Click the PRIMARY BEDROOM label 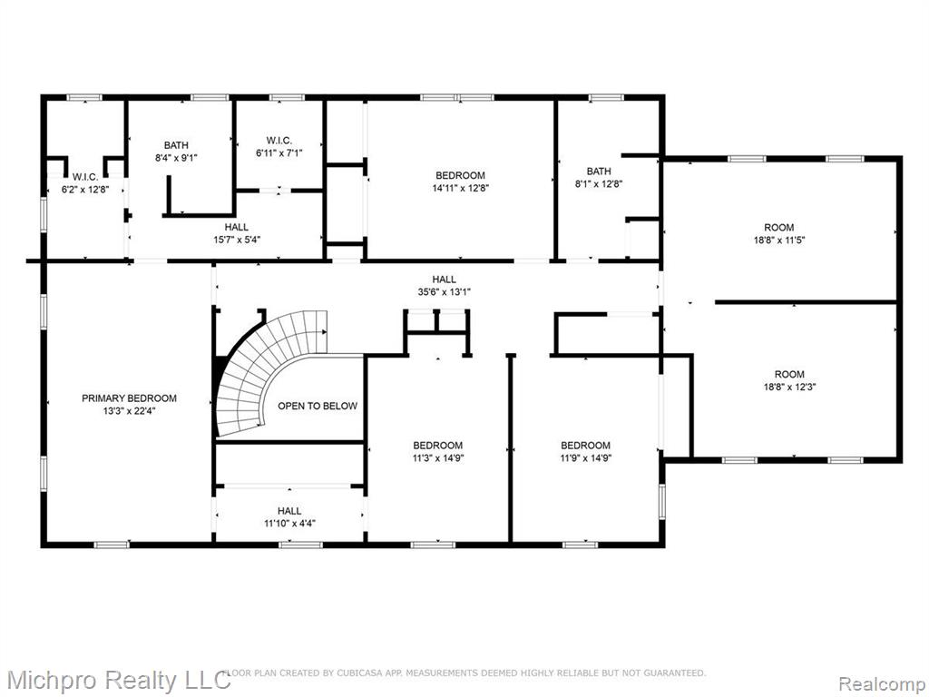tap(129, 398)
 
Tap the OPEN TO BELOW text tap(318, 406)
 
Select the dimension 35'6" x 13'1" tap(444, 291)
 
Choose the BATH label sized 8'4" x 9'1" tap(176, 145)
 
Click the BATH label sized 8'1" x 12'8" tap(599, 172)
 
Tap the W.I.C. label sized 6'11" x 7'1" tap(279, 141)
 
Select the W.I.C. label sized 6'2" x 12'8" tap(85, 177)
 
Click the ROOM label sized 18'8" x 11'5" tap(778, 228)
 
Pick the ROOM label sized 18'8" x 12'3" tap(789, 375)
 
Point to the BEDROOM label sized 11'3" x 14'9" tap(438, 446)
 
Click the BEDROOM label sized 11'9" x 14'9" tap(585, 446)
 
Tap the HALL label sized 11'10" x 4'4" tap(289, 511)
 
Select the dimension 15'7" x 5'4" tap(237, 240)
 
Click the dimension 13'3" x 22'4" tap(129, 411)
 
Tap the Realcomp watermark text tap(882, 683)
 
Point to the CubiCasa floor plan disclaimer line tap(464, 672)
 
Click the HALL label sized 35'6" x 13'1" tap(444, 280)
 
